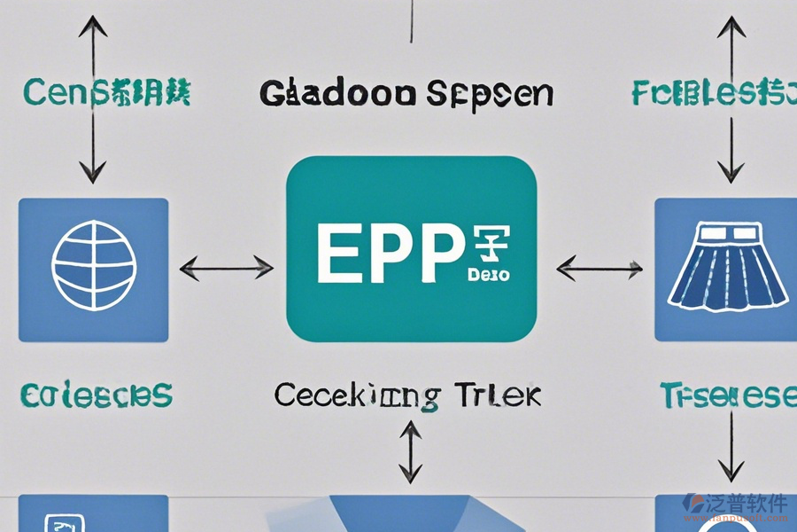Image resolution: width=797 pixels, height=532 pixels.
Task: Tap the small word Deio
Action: pos(487,275)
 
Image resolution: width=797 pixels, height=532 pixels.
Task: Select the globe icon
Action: pos(93,263)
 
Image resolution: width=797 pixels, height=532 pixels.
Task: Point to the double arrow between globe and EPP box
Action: pos(227,265)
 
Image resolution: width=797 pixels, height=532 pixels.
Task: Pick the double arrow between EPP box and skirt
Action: pos(600,265)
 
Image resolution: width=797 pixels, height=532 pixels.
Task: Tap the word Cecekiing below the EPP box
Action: pos(356,395)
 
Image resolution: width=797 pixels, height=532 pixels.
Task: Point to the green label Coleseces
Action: pos(97,395)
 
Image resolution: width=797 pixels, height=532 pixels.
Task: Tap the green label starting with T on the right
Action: pos(726,395)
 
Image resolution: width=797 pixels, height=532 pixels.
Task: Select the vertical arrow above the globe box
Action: pos(93,98)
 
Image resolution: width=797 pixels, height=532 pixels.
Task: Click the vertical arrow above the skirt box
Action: pos(731,98)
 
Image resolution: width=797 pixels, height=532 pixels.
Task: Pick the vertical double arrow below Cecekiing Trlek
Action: pos(410,451)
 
